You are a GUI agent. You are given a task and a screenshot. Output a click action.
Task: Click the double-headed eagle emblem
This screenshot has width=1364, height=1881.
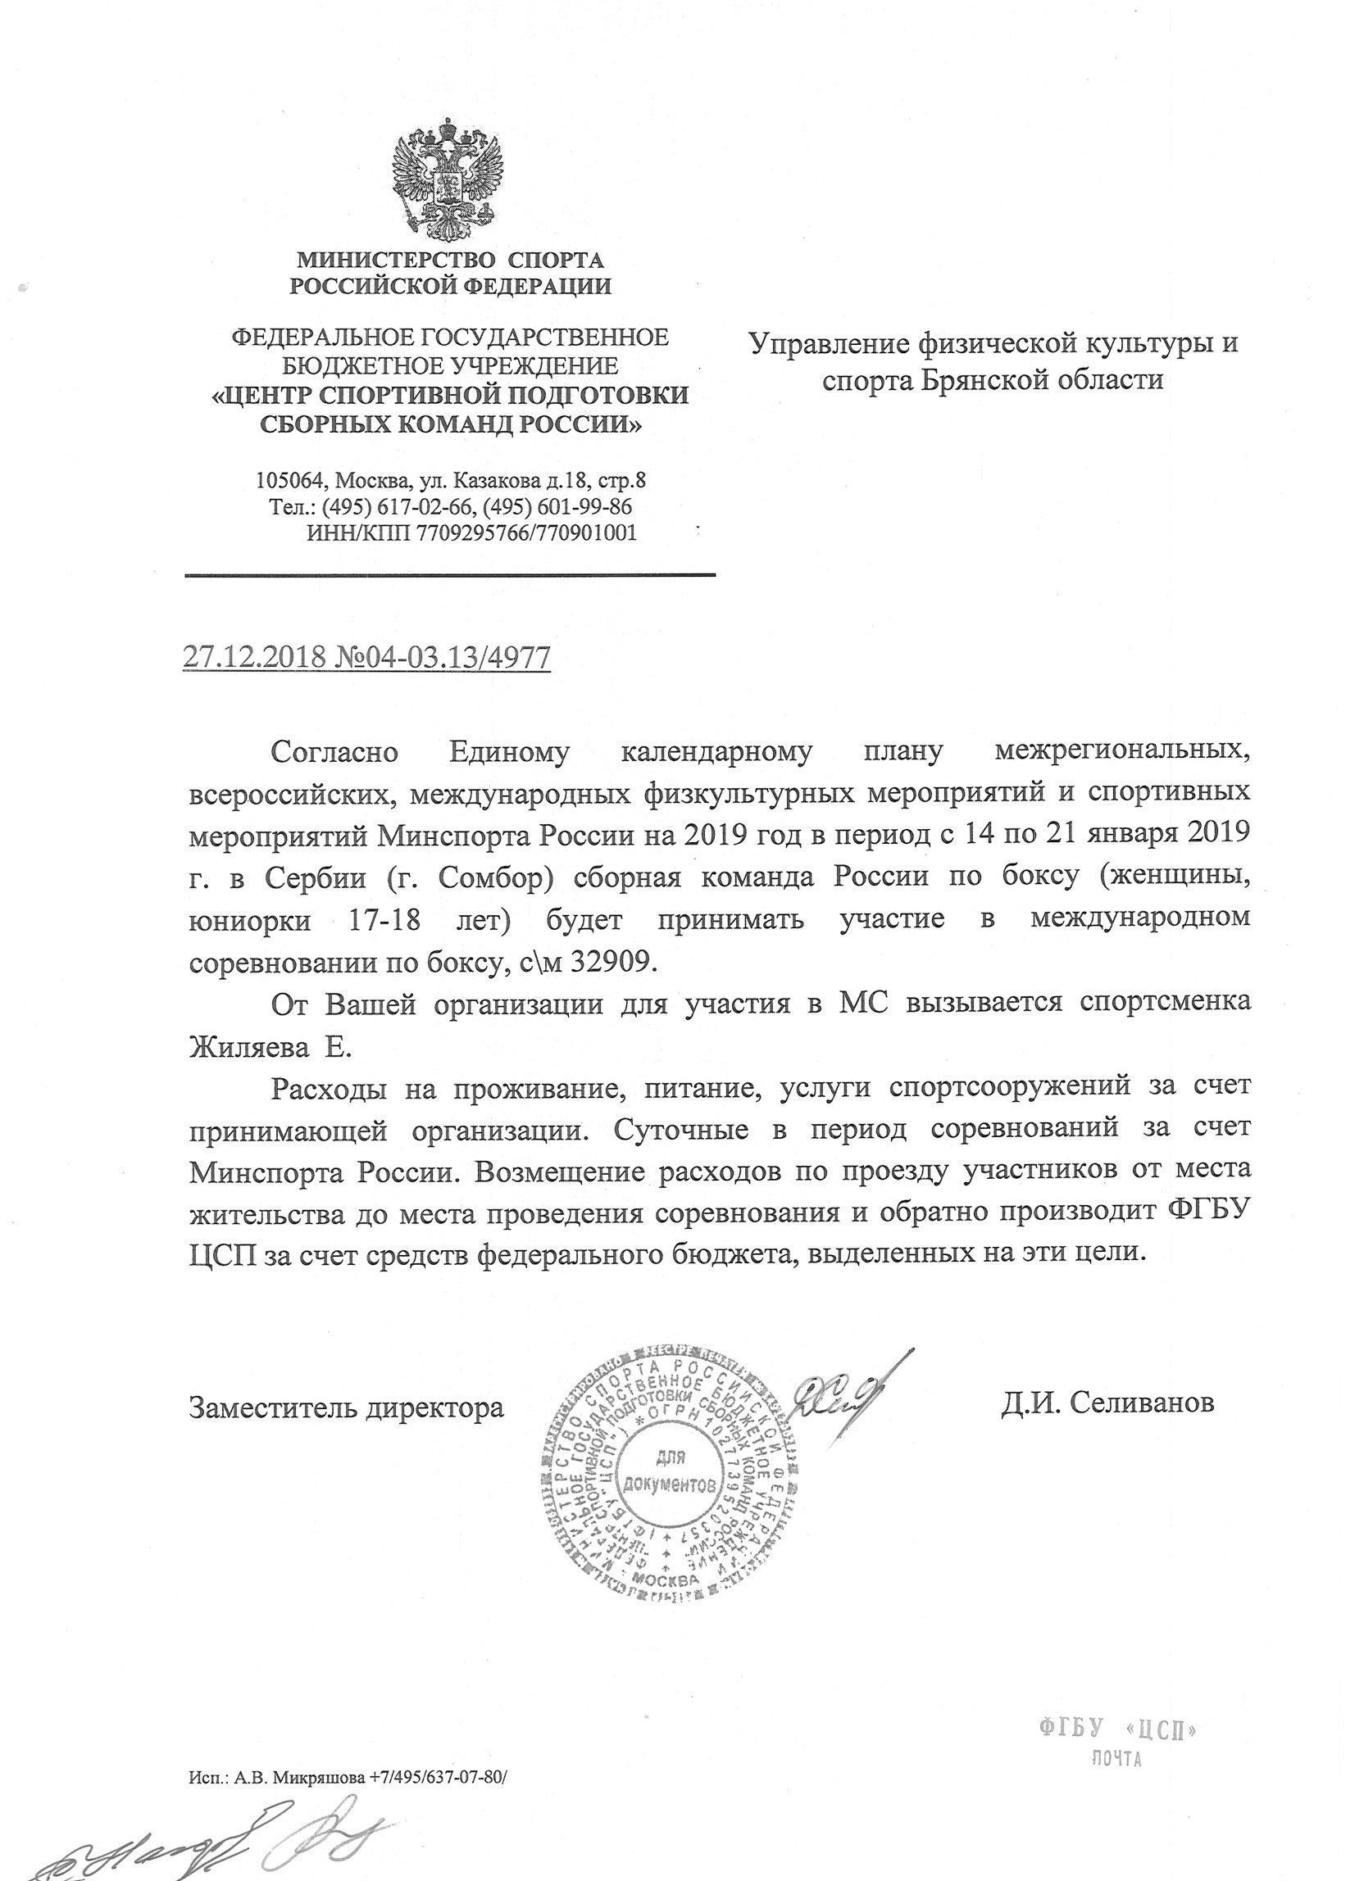(451, 179)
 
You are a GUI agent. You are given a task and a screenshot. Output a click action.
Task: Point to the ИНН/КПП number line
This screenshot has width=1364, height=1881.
(471, 533)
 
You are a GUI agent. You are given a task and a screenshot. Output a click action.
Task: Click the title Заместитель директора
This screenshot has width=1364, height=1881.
(347, 1407)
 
